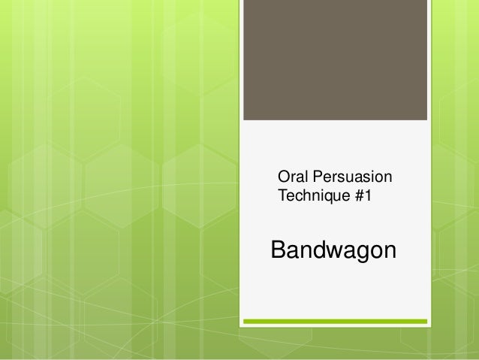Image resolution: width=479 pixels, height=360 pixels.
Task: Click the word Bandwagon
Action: click(333, 250)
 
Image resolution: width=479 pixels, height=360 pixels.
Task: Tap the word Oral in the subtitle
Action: click(291, 179)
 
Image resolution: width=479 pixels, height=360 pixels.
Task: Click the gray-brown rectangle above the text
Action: click(335, 60)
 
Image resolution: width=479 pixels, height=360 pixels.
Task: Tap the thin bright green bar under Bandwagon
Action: click(335, 322)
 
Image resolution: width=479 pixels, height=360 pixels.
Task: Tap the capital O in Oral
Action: click(284, 179)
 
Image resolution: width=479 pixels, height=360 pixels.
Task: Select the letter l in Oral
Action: click(304, 179)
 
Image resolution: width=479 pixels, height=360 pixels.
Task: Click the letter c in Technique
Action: click(295, 198)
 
